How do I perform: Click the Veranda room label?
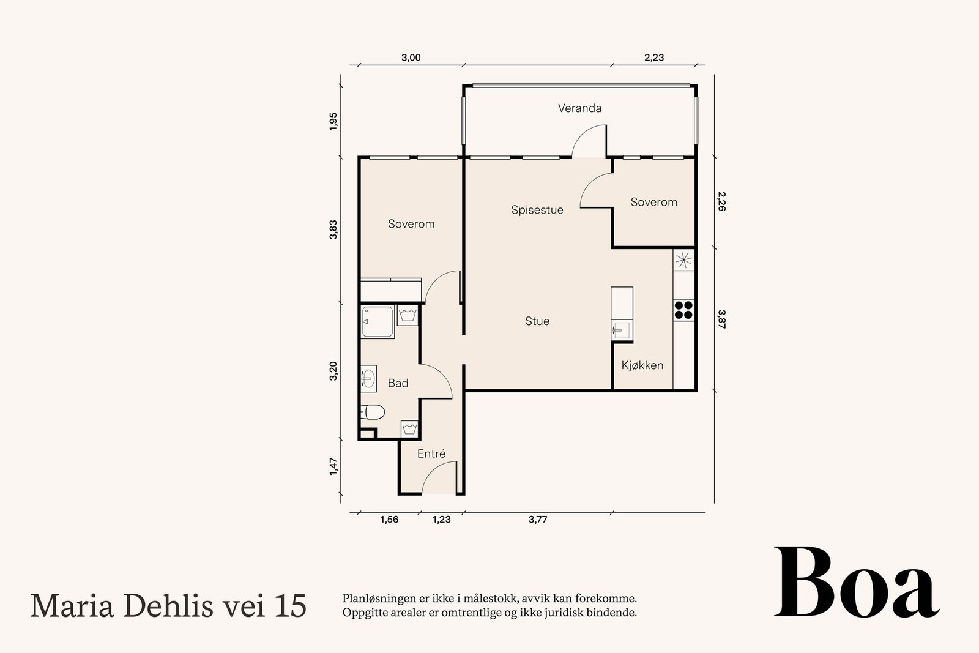(x=579, y=108)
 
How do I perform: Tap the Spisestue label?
(x=537, y=210)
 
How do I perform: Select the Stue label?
(x=537, y=321)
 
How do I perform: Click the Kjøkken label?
(x=642, y=365)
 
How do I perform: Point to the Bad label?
(x=398, y=383)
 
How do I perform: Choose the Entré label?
(x=431, y=453)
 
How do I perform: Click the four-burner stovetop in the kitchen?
(x=683, y=310)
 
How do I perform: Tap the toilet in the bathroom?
(x=373, y=412)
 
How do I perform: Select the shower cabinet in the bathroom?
(x=378, y=322)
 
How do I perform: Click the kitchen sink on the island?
(x=619, y=331)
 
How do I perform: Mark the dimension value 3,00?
(x=411, y=58)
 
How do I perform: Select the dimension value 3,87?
(x=721, y=319)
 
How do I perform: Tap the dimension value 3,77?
(x=537, y=520)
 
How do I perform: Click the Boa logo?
(x=856, y=583)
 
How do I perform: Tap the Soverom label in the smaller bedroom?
(x=653, y=202)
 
